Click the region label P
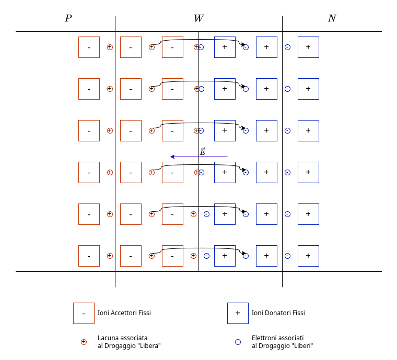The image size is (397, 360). click(x=68, y=19)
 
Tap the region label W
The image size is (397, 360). click(x=198, y=19)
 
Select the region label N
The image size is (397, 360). click(x=332, y=19)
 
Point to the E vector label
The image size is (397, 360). click(x=203, y=152)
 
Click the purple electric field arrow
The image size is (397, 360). click(x=198, y=157)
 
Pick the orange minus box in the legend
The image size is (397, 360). click(x=84, y=313)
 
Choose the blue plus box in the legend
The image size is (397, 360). click(x=238, y=313)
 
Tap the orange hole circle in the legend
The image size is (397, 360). click(x=84, y=342)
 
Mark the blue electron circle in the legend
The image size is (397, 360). click(x=238, y=342)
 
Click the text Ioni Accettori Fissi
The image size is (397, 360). click(x=124, y=313)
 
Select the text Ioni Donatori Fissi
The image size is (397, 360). click(x=278, y=313)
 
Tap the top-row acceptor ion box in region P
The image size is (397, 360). click(x=89, y=47)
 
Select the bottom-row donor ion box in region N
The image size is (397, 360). click(x=308, y=256)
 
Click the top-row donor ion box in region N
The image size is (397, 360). click(x=308, y=47)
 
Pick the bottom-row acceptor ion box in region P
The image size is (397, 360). click(x=89, y=256)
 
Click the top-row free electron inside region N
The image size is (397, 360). click(x=287, y=47)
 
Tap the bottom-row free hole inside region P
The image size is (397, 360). click(x=110, y=256)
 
